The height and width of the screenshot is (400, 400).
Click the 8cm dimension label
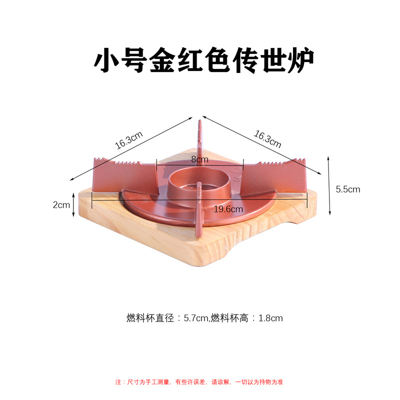tap(199, 159)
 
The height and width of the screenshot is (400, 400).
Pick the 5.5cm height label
tap(348, 189)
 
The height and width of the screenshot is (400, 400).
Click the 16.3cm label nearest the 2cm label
tap(129, 140)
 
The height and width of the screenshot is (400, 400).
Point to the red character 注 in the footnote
tap(118, 382)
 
